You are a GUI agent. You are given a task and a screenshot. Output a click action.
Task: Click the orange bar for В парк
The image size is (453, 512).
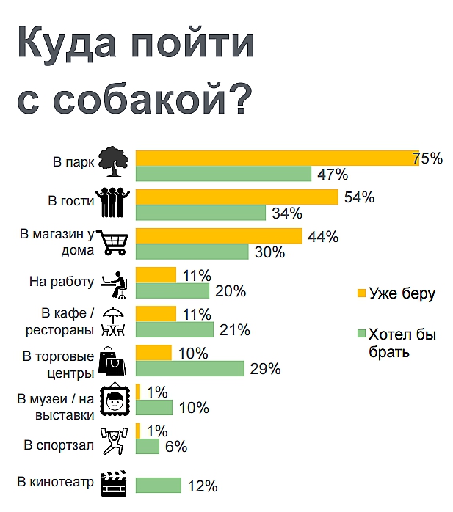coord(277,158)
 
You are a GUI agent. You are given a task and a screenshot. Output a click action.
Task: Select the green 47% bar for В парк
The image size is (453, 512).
coord(224,175)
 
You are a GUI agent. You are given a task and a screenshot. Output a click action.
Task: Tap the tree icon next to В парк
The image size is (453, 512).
coord(115,162)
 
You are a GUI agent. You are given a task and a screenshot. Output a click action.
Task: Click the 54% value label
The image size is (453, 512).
coord(359,197)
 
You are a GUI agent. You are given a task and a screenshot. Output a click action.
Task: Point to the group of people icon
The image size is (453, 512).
coord(115,202)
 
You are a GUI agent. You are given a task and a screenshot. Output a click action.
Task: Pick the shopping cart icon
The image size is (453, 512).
coord(115,241)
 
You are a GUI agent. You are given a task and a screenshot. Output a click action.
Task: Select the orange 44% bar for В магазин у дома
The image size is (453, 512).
coord(219,236)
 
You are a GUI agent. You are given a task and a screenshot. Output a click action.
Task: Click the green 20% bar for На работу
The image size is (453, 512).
coord(173,290)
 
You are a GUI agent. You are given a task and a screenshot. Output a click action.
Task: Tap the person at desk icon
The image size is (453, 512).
coord(115,282)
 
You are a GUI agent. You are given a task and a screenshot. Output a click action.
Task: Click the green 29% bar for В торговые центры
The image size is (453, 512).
coord(189,368)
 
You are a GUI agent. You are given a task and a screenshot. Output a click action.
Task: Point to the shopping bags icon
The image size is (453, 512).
coord(115,360)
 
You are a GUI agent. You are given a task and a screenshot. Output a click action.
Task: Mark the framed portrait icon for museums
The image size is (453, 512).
coord(115,401)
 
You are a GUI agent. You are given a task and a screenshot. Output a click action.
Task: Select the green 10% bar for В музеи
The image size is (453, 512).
coord(154,408)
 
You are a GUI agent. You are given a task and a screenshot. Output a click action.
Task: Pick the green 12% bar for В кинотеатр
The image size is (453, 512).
coord(158,486)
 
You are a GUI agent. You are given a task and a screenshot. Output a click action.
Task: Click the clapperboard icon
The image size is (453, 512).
coord(115,483)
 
